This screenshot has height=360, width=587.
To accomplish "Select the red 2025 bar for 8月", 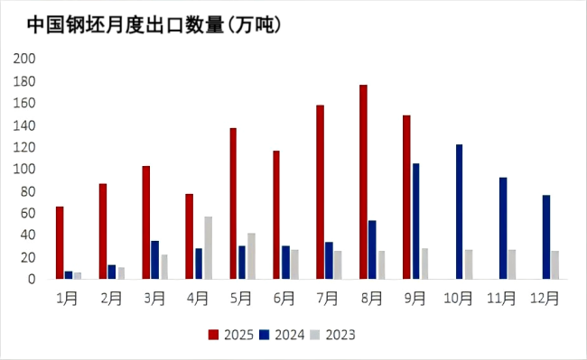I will [x=363, y=181].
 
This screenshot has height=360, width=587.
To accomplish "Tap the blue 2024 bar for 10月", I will [x=459, y=211].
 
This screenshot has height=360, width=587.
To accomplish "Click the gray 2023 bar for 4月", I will [x=208, y=247].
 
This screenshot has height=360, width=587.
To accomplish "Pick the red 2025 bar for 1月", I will [x=60, y=243].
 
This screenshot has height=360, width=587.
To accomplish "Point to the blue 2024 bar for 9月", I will [x=415, y=221].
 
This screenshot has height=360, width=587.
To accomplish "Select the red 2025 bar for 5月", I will [x=233, y=203].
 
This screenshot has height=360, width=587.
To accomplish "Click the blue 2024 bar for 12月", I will [x=545, y=236].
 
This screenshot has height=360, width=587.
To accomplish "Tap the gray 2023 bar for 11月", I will [x=512, y=264].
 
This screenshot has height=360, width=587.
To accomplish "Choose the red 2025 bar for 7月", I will [x=320, y=192].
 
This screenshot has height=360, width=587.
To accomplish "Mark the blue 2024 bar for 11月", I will [x=502, y=227].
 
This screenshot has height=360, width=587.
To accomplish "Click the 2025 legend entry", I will [x=231, y=335].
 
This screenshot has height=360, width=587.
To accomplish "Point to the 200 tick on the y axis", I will [x=24, y=59].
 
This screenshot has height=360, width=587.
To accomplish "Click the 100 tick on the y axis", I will [x=24, y=170].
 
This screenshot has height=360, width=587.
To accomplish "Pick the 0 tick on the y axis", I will [x=31, y=280].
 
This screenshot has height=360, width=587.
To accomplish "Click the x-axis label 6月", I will [x=284, y=297].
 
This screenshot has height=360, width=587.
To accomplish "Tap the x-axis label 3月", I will [x=154, y=297].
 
